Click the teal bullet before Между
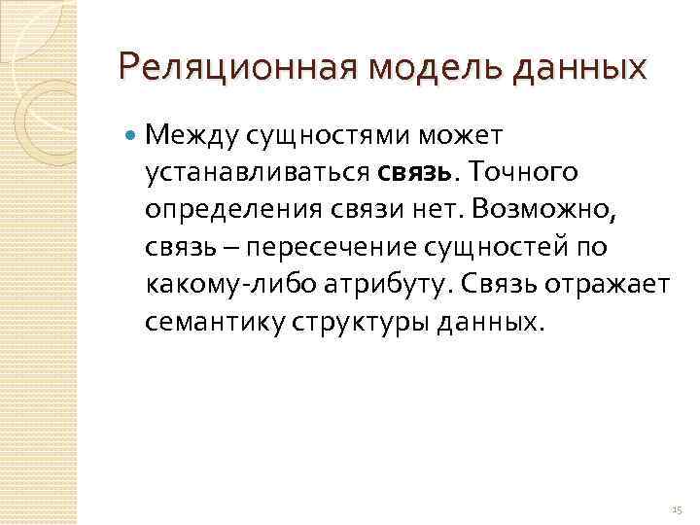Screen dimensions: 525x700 [130, 135]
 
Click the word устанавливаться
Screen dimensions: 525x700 [257, 172]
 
